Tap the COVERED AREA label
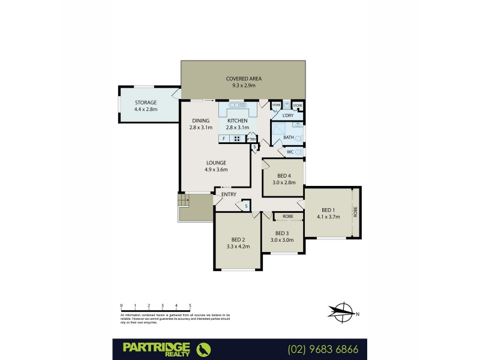244,79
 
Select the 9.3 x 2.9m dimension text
244,86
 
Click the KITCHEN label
237,121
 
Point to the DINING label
201,121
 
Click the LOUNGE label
216,162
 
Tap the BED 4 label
284,175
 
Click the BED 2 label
238,239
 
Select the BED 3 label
282,233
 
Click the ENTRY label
229,194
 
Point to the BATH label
289,137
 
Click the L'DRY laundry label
288,115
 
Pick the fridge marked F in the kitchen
224,139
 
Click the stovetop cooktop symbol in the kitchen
237,139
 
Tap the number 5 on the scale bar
190,305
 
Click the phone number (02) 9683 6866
322,348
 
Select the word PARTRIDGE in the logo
156,346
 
